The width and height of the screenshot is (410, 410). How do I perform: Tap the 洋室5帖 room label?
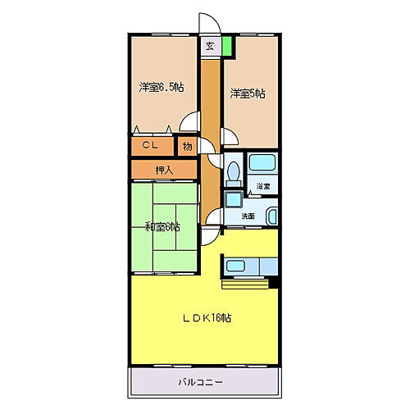tap(248, 93)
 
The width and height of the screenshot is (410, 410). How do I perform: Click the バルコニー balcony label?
tap(201, 382)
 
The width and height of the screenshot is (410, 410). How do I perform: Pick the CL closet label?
tap(150, 146)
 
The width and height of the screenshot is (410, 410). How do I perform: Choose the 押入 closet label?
tap(164, 170)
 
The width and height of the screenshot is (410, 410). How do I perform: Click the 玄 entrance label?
tap(211, 46)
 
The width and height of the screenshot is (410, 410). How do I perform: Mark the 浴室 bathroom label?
tap(262, 187)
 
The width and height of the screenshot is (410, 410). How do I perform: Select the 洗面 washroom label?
tap(248, 216)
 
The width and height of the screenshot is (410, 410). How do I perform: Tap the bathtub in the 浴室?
tap(262, 164)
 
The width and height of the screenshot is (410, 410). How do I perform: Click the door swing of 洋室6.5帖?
tap(189, 123)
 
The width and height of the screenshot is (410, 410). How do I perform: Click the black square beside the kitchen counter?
tap(275, 284)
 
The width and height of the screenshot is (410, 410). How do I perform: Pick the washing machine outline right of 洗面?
tap(272, 216)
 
